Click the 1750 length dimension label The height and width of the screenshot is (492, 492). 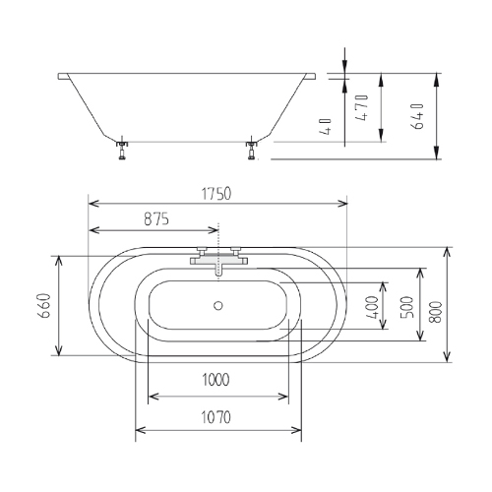click(x=216, y=194)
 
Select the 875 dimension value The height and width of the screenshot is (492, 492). click(x=156, y=219)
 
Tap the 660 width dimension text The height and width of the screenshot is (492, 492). click(x=44, y=306)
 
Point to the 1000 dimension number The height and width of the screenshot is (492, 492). click(x=215, y=380)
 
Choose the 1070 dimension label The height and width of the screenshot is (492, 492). click(x=215, y=417)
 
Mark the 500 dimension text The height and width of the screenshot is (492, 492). click(x=407, y=307)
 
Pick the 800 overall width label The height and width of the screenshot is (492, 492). click(x=436, y=312)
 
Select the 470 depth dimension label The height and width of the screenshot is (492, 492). click(x=362, y=107)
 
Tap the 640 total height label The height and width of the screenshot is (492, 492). click(x=417, y=116)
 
